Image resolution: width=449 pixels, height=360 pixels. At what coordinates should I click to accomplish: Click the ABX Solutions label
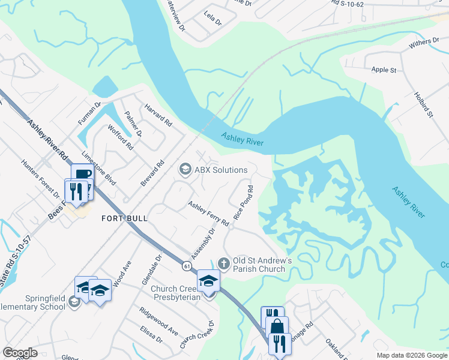213,170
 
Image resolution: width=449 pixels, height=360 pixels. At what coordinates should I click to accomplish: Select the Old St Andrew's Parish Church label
263,265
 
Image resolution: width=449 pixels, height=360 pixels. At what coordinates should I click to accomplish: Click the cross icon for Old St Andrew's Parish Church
224,263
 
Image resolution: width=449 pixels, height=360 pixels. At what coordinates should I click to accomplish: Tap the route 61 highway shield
188,265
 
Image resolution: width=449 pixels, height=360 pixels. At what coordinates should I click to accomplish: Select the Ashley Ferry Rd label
208,214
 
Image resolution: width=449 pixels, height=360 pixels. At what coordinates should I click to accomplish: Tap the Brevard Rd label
152,173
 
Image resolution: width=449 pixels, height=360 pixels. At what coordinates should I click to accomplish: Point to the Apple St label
384,70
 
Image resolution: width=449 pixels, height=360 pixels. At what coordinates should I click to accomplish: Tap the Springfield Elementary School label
32,302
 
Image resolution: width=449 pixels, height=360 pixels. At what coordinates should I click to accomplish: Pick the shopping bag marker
277,328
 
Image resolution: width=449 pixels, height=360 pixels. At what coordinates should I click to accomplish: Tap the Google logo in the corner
20,353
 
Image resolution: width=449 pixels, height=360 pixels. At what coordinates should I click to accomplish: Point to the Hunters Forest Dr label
40,178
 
